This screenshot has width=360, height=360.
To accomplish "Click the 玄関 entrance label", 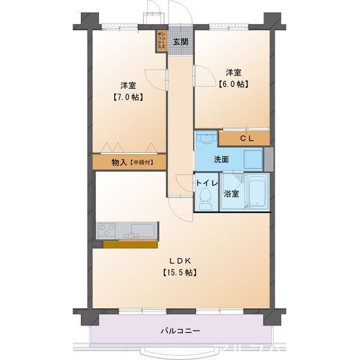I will coord(180,42).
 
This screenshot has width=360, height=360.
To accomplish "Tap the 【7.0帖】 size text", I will coord(128,97).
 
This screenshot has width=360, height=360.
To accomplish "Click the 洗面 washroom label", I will coord(221,159).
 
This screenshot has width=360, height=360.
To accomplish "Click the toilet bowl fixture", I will coord(205,198).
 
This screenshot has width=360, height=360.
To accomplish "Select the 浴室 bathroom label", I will coord(231,193).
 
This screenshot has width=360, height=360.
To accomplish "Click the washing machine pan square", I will coord(253,159).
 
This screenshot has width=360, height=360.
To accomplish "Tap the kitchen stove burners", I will coord(107,231).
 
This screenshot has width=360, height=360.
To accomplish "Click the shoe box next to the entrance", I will coord(161,41).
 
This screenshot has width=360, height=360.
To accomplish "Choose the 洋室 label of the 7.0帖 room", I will coord(128,85).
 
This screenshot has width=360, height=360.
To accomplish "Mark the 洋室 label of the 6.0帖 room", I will coord(233,72).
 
